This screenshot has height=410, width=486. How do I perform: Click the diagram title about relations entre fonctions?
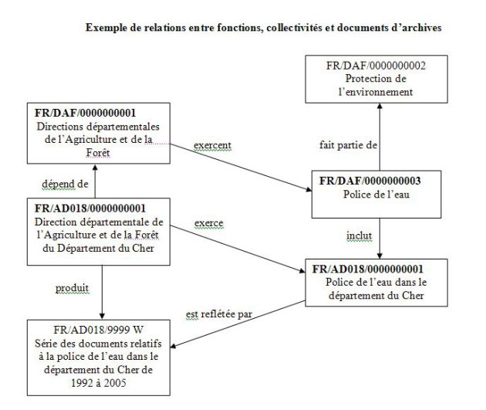264,28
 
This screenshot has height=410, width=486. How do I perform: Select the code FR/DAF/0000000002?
376,66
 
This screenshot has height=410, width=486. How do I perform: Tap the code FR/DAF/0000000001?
85,113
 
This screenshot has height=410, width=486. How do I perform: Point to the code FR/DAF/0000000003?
370,181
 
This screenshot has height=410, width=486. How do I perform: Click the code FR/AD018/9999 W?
98,330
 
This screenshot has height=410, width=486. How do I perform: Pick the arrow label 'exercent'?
213,145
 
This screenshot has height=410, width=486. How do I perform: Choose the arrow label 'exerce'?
209,223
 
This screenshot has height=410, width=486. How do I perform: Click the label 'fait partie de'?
348,145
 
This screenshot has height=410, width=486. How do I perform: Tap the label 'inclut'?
359,236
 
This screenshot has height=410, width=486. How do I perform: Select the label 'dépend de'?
65,185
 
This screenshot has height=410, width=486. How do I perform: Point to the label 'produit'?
72,289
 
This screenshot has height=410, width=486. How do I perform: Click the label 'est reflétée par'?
219,314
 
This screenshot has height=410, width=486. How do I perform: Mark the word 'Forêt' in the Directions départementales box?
98,153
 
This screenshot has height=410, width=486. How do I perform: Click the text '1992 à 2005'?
99,383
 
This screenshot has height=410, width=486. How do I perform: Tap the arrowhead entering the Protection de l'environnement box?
380,106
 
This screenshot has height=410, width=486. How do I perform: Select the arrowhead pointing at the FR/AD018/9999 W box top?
102,316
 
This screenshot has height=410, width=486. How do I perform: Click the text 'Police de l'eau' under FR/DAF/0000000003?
376,195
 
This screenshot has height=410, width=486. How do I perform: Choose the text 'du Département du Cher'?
98,249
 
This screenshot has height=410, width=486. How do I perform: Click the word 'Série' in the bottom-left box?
46,344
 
